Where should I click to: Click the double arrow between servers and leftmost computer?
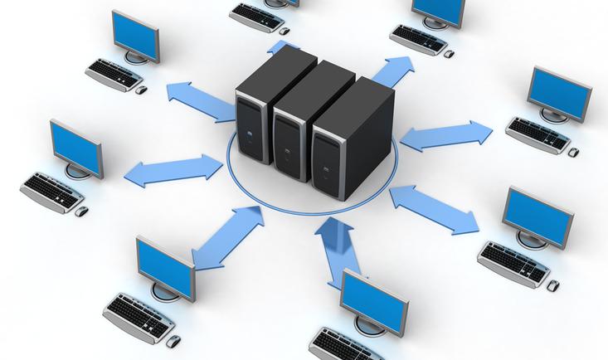pos(173,169)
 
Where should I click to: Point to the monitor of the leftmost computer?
pos(75,147)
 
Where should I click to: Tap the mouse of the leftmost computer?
pos(81,212)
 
